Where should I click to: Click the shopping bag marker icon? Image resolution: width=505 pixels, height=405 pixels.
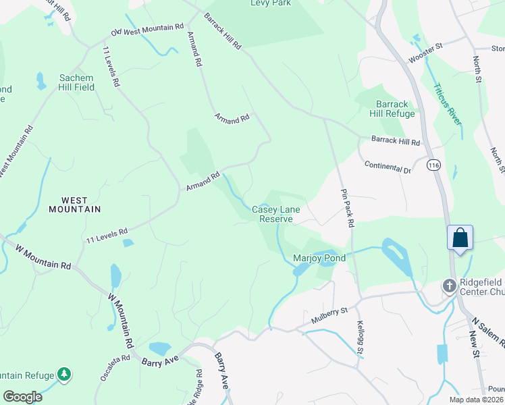point(460,238)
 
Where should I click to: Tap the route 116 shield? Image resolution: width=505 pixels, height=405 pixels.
point(432,165)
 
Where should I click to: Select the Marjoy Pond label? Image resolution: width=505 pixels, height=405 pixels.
point(319,258)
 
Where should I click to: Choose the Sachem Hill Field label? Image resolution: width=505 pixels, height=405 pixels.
point(76,82)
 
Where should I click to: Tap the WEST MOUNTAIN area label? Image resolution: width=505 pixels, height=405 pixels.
point(74,205)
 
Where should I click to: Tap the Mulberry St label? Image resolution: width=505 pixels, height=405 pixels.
point(329,312)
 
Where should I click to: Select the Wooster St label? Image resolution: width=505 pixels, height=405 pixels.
point(425,54)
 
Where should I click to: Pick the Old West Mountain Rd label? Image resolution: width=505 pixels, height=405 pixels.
point(148,30)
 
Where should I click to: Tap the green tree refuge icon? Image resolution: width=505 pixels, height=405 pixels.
point(64,374)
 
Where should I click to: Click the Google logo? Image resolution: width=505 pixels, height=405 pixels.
point(22,397)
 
